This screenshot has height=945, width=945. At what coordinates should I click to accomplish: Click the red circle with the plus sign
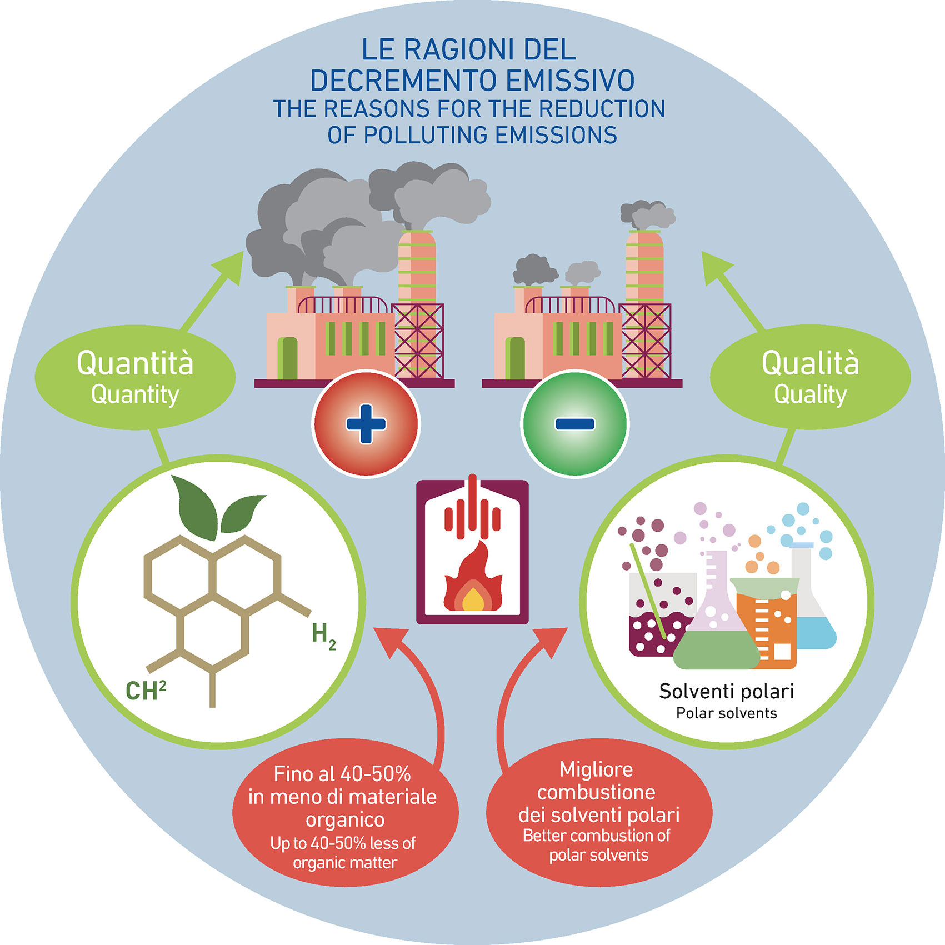366,423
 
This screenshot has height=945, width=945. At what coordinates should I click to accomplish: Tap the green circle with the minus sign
574,423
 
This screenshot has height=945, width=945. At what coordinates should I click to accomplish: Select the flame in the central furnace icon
472,583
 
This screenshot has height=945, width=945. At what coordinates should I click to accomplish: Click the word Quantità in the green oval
135,363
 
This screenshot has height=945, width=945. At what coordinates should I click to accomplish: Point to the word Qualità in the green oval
810,363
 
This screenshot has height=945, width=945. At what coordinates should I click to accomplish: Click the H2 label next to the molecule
323,635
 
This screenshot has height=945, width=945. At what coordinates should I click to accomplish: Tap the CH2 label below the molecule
146,691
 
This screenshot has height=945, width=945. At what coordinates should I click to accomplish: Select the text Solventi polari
726,692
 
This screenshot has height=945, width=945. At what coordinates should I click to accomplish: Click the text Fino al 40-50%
342,774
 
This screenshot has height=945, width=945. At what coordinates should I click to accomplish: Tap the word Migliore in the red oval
596,769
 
